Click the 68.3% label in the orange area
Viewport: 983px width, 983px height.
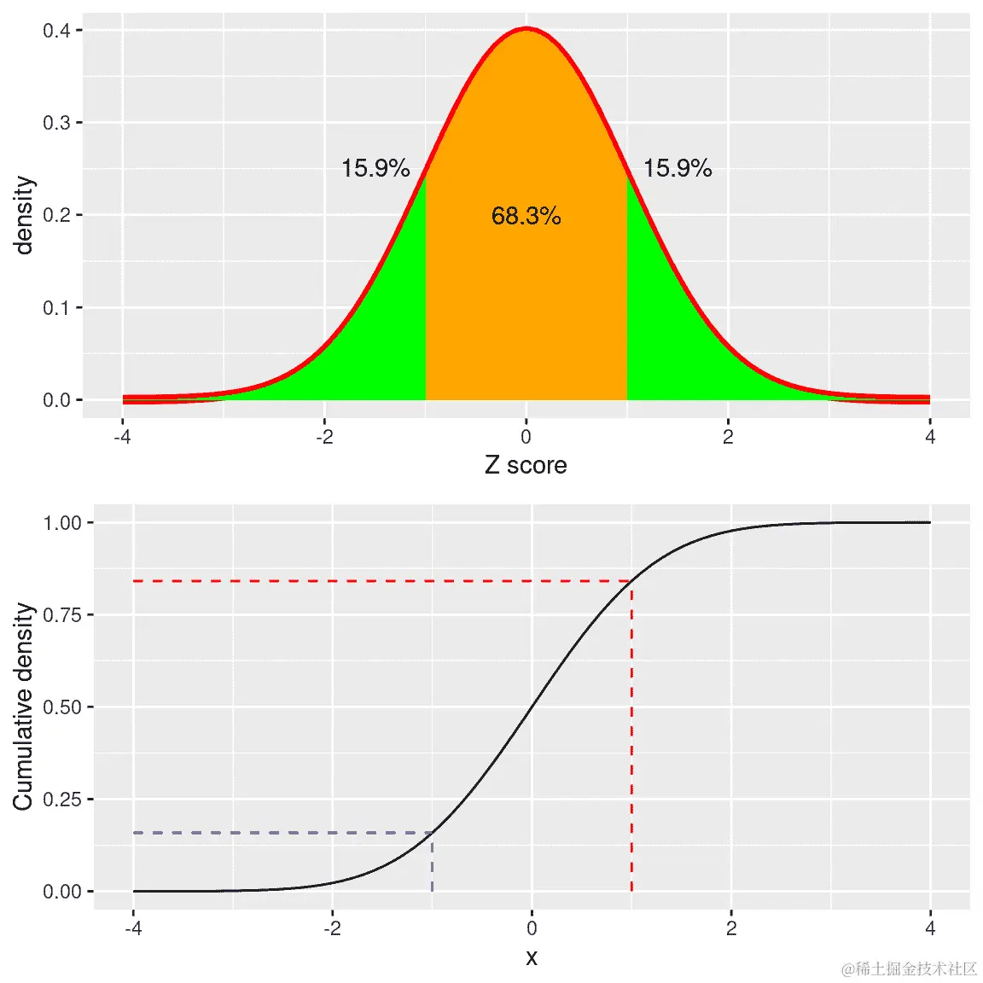coord(526,216)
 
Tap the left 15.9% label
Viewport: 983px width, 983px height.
coord(375,168)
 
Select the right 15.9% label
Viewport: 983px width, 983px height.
coord(678,168)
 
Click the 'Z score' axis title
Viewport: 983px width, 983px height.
coord(526,465)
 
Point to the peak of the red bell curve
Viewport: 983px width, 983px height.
coord(526,29)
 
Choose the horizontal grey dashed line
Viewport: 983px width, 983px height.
coord(282,832)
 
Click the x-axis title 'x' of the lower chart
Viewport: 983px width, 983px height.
coord(532,957)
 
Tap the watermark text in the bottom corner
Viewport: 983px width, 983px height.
coord(909,968)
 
